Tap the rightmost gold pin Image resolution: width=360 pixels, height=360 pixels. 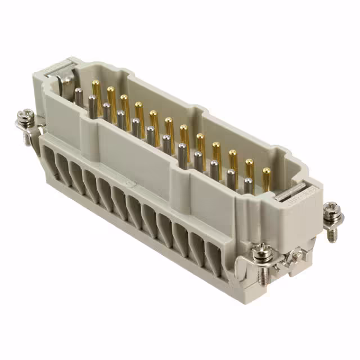pyautogui.click(x=266, y=172)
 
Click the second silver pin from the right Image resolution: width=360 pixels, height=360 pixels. pyautogui.click(x=231, y=175)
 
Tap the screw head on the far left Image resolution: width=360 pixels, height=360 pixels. pyautogui.click(x=24, y=116)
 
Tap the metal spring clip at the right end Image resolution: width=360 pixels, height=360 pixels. pyautogui.click(x=292, y=195)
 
